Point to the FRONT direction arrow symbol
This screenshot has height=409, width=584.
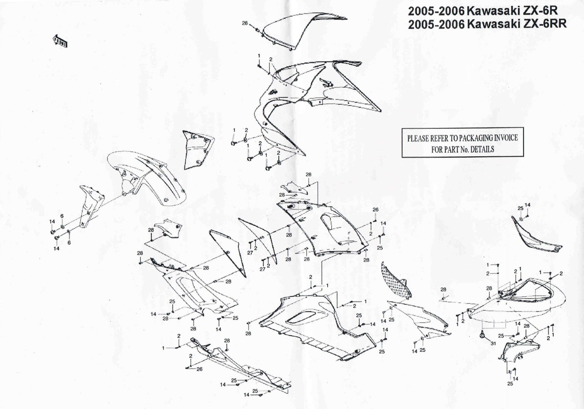[60, 41]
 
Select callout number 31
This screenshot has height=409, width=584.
[493, 343]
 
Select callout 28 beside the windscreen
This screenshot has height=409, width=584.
[245, 23]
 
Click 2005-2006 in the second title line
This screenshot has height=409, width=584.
[436, 25]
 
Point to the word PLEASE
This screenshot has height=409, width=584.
[418, 139]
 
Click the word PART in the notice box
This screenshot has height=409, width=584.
[452, 149]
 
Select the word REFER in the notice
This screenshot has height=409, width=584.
[439, 139]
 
